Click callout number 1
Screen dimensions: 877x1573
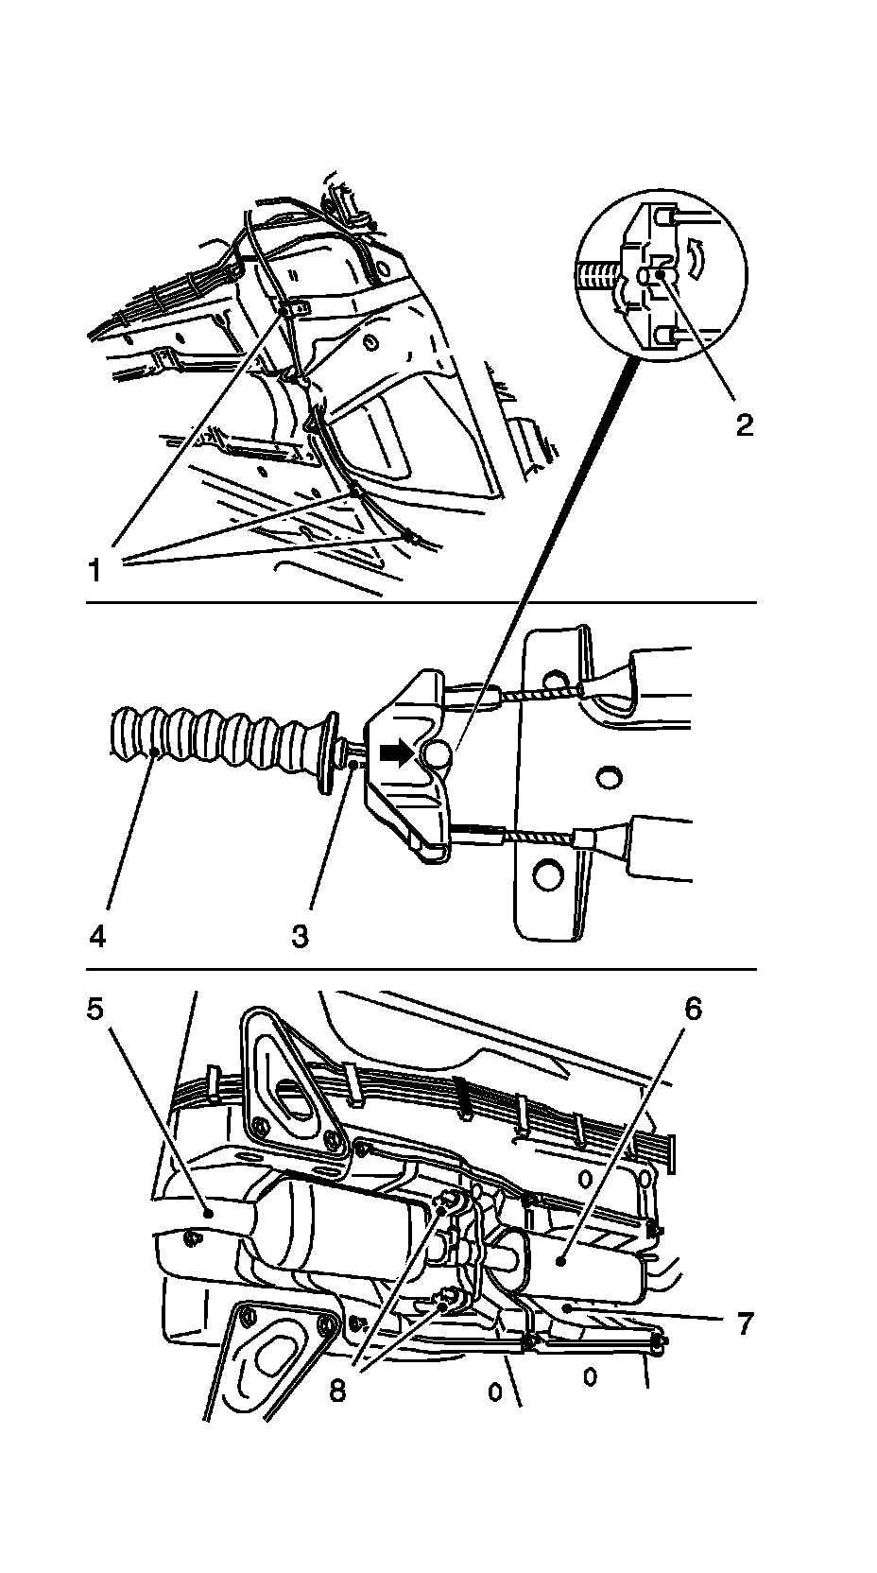click(95, 569)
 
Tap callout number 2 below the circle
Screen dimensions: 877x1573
click(745, 424)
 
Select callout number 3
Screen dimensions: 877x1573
click(300, 936)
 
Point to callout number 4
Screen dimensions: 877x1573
click(97, 936)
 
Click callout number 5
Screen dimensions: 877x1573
click(95, 1009)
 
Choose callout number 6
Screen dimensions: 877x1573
click(693, 1009)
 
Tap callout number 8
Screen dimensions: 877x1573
click(337, 1388)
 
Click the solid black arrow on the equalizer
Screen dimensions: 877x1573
click(395, 753)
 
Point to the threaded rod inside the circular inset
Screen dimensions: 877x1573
click(598, 275)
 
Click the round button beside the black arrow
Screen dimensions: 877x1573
click(436, 754)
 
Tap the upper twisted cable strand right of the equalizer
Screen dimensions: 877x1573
click(541, 693)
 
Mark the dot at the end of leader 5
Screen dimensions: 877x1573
click(208, 1212)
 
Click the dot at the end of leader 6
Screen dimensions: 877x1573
click(560, 1262)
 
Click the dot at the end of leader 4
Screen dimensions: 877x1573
click(153, 752)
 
